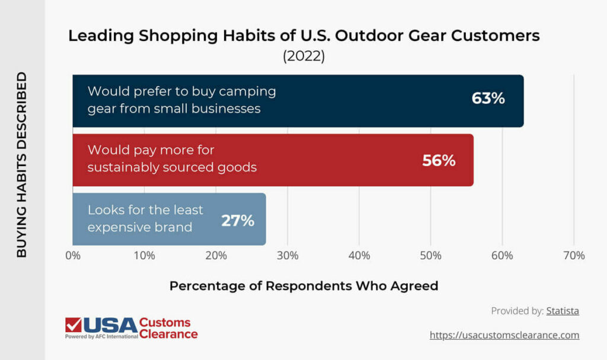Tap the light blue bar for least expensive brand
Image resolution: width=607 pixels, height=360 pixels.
pyautogui.click(x=169, y=219)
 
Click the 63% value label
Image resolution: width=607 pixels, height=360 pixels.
pyautogui.click(x=488, y=98)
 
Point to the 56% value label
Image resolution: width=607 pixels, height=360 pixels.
pyautogui.click(x=439, y=160)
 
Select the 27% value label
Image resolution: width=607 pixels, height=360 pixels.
pyautogui.click(x=238, y=221)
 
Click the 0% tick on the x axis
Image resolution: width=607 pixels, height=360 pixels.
pyautogui.click(x=73, y=256)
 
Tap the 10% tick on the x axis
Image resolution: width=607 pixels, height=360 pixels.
pyautogui.click(x=145, y=256)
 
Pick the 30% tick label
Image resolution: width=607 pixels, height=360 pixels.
pyautogui.click(x=287, y=256)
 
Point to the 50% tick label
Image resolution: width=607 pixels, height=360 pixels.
pyautogui.click(x=430, y=256)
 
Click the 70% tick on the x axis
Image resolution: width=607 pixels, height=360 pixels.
pyautogui.click(x=573, y=256)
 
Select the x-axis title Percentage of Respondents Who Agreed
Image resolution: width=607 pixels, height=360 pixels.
pyautogui.click(x=303, y=286)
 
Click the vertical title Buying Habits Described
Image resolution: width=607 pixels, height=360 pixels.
pyautogui.click(x=22, y=164)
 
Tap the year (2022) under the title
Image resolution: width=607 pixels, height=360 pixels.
pyautogui.click(x=303, y=56)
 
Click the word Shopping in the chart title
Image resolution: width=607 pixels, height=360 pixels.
pyautogui.click(x=171, y=36)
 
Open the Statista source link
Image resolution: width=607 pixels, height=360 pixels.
pyautogui.click(x=563, y=311)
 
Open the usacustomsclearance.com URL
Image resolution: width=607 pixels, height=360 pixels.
pyautogui.click(x=504, y=335)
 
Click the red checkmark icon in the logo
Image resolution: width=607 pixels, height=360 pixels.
pyautogui.click(x=74, y=325)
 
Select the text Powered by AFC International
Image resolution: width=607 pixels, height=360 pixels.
pyautogui.click(x=101, y=336)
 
